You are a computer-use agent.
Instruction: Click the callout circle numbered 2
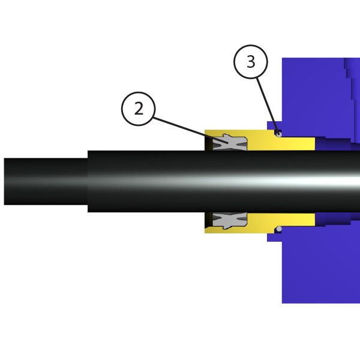click(139, 109)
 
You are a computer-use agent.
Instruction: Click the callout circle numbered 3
click(250, 62)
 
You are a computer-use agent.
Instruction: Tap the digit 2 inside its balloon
click(139, 109)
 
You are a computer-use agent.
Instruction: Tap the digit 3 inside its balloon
click(250, 62)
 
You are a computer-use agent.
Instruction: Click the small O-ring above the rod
click(278, 133)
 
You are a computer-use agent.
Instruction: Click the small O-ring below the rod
click(278, 229)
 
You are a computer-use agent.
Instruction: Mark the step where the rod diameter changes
click(88, 181)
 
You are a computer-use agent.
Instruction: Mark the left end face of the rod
click(5, 181)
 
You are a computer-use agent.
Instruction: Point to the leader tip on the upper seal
click(229, 143)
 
